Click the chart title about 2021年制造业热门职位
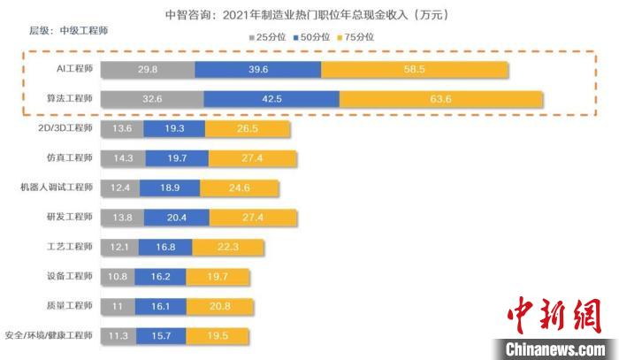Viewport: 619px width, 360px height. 309,15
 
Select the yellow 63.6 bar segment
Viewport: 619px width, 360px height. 441,99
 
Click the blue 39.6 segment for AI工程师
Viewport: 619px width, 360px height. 257,70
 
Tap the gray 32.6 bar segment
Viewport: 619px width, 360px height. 152,99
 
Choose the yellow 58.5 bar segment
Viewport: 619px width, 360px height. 414,70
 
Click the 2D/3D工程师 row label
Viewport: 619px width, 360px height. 65,129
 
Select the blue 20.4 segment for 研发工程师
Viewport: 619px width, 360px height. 176,218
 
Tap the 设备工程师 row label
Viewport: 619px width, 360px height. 71,276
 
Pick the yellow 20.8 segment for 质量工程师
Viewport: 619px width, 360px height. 220,306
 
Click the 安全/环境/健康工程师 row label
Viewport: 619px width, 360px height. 50,335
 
